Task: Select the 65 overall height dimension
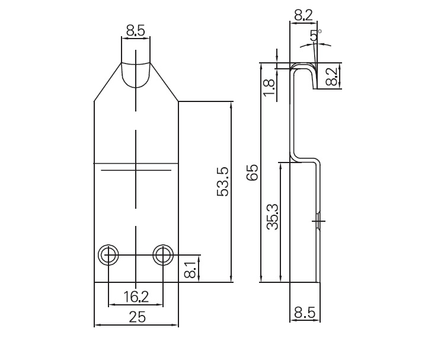[x=253, y=173]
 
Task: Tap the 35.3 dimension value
[x=272, y=217]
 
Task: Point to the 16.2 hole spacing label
[x=135, y=296]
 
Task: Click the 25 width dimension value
[x=136, y=317]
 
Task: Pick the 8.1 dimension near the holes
[x=190, y=269]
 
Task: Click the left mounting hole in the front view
[x=108, y=254]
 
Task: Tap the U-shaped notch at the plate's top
[x=136, y=73]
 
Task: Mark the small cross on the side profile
[x=319, y=221]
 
